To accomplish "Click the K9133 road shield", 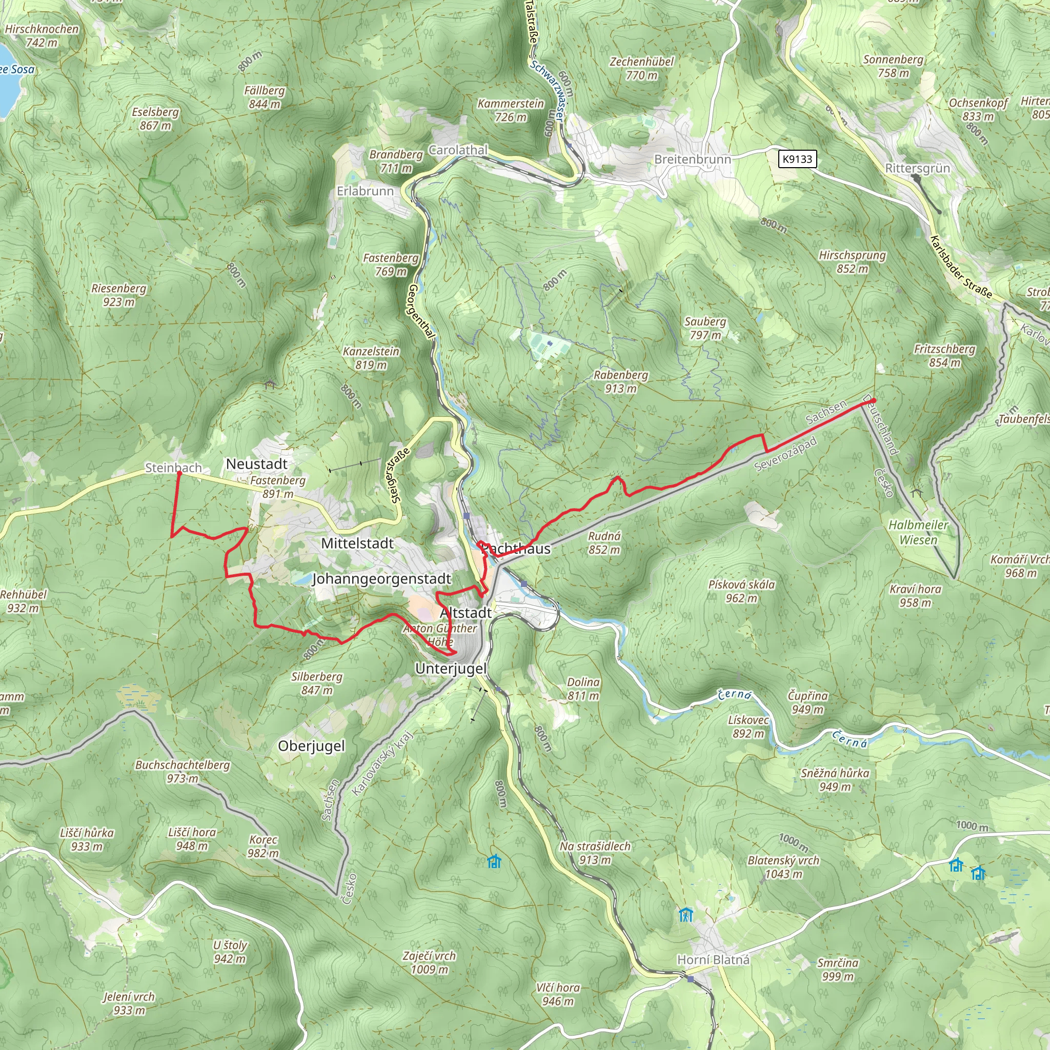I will click(x=797, y=159).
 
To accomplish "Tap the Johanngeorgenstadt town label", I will click(x=381, y=579).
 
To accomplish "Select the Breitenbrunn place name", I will click(x=692, y=159).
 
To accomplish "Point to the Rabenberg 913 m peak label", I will click(x=621, y=381).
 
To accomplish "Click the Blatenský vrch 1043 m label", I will click(x=783, y=867).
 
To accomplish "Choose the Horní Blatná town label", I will click(x=713, y=960).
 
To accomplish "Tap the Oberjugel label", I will click(x=311, y=745).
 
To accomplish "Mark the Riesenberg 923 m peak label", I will click(x=118, y=295).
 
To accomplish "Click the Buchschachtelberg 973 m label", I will click(x=183, y=772).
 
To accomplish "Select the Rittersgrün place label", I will click(x=917, y=168).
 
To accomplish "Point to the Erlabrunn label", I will click(x=365, y=191).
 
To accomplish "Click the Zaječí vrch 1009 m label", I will click(x=429, y=962).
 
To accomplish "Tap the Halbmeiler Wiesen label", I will click(x=918, y=532).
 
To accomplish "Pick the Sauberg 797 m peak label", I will click(x=705, y=328).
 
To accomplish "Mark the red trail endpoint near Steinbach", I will click(x=179, y=474).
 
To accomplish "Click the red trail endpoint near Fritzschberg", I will click(x=873, y=400).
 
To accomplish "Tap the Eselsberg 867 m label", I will click(x=155, y=118).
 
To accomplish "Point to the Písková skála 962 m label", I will click(x=741, y=591).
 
